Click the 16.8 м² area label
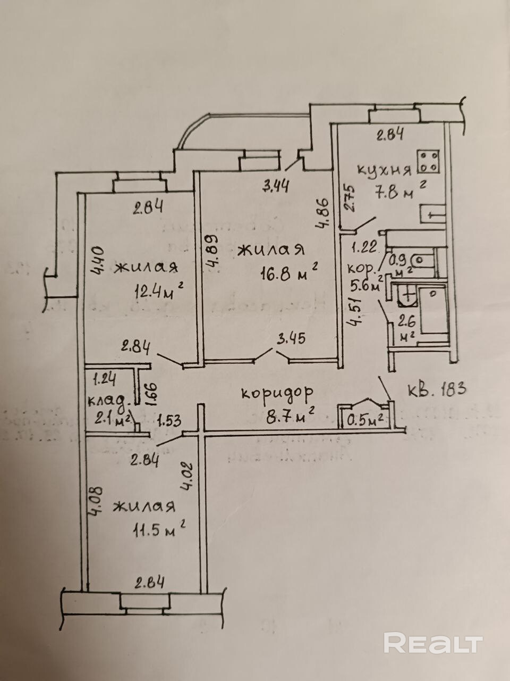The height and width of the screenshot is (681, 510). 288,273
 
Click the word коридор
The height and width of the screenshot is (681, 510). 277,393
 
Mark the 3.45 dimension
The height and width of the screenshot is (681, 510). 291,338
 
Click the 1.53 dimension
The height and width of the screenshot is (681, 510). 169,421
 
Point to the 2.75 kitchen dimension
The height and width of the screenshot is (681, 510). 348,198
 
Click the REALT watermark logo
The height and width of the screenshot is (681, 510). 433,643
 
